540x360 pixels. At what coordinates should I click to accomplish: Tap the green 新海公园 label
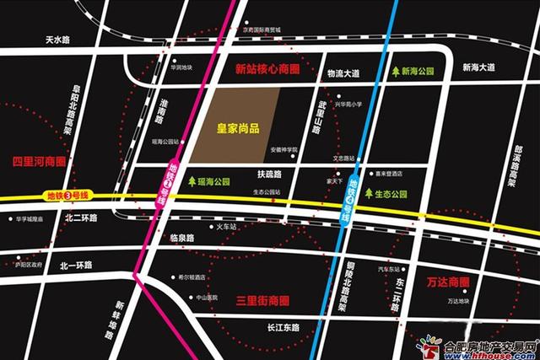(425, 73)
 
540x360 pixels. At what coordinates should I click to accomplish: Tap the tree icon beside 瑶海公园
(193, 181)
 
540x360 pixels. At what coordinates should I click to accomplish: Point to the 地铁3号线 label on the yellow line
(62, 200)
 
